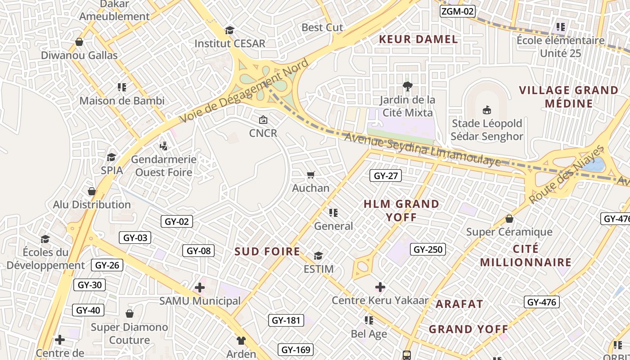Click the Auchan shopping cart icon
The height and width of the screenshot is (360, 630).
(x=310, y=175)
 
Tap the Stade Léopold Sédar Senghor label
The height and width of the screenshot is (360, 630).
(x=487, y=130)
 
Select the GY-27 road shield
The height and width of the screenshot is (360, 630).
(x=386, y=175)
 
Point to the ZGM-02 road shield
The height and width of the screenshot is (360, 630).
(x=457, y=11)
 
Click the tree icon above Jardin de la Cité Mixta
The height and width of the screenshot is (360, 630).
(x=408, y=86)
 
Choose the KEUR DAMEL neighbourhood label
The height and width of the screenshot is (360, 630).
(x=418, y=39)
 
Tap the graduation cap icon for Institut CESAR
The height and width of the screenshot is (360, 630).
(x=230, y=30)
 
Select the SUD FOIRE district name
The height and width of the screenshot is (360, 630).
(x=267, y=252)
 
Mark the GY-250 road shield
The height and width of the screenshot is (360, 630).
(x=428, y=249)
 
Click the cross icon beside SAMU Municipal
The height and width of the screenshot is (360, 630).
(x=200, y=287)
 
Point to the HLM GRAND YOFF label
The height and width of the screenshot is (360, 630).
(x=401, y=210)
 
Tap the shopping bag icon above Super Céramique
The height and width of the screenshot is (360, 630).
(x=509, y=219)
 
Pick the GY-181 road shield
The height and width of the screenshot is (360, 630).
(x=286, y=320)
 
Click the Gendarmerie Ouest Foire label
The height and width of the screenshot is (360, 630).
(x=164, y=166)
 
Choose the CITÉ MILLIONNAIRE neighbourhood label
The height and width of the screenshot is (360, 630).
(x=526, y=256)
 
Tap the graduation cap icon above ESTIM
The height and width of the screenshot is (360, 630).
(x=318, y=256)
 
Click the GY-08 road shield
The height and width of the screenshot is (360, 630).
(x=198, y=251)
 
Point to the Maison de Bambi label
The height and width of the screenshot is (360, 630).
(x=122, y=100)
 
